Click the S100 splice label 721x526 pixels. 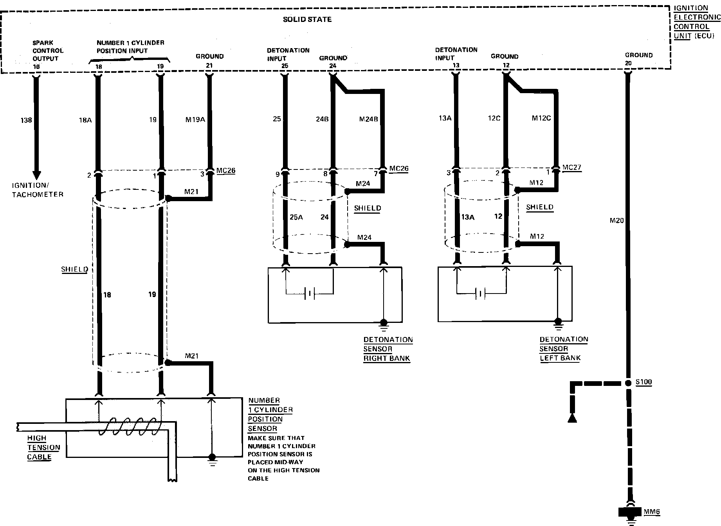(644, 382)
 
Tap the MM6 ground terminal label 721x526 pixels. (652, 512)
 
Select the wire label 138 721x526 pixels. (26, 120)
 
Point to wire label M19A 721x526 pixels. (195, 120)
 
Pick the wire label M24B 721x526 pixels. (368, 119)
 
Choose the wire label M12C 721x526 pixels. (541, 118)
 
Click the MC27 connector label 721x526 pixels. (572, 168)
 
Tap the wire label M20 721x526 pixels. (616, 221)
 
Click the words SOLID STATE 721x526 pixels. (307, 19)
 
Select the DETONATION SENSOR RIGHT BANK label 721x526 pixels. (388, 349)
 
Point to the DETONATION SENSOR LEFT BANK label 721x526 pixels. (563, 348)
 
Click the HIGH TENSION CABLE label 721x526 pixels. (43, 447)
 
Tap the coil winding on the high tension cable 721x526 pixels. (129, 426)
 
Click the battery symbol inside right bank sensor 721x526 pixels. (310, 293)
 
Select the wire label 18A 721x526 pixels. (85, 120)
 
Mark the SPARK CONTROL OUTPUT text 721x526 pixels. (48, 50)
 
